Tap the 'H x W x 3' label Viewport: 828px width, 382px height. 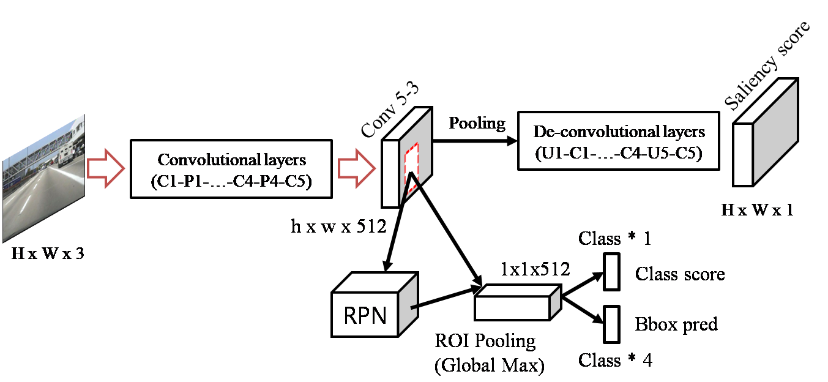(48, 253)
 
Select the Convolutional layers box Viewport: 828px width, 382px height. (231, 168)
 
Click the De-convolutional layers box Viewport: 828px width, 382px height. (619, 140)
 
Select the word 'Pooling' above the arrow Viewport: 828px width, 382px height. (477, 123)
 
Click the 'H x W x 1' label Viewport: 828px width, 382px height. (757, 210)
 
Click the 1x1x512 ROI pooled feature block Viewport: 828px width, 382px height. (517, 303)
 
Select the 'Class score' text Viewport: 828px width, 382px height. (679, 274)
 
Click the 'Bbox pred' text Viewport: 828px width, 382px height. (676, 324)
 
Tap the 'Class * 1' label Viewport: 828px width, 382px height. (614, 238)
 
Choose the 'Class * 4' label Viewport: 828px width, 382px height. (615, 360)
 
